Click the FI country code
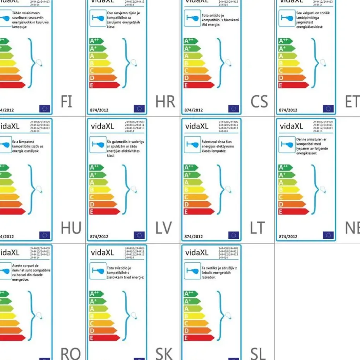click(66, 101)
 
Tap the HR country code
click(165, 101)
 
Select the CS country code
click(259, 101)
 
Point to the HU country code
click(71, 228)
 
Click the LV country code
click(163, 228)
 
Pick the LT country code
click(257, 228)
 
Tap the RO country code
click(70, 353)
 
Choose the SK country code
click(164, 353)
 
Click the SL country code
click(258, 353)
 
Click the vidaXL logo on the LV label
click(103, 126)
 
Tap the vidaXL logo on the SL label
click(197, 253)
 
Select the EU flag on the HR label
click(139, 109)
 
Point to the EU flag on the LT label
click(234, 235)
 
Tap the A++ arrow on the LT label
click(191, 168)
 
